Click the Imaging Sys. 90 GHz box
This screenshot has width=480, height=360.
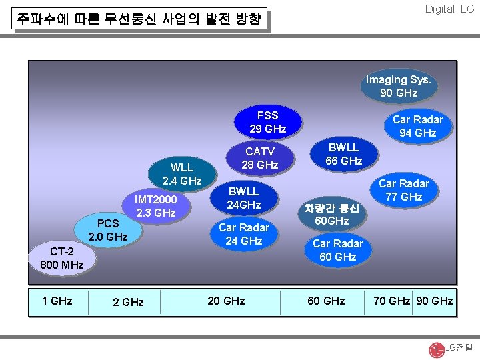(x=398, y=86)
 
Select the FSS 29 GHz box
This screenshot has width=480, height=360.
(x=267, y=122)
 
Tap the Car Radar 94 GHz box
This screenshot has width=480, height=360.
(x=417, y=126)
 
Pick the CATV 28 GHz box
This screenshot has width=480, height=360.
(x=259, y=158)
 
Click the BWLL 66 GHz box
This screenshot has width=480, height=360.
(x=343, y=154)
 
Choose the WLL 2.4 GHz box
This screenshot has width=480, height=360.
(x=181, y=174)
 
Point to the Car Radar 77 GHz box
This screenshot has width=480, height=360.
(x=404, y=190)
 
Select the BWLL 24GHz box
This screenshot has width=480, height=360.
(x=243, y=198)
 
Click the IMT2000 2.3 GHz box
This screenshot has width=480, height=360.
(x=155, y=206)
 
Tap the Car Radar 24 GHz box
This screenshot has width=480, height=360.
(x=243, y=234)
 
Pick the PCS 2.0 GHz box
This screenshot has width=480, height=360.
(x=108, y=230)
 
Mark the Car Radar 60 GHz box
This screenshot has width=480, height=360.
(x=338, y=250)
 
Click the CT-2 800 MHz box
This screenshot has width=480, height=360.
(x=62, y=258)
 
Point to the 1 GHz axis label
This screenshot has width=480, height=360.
(x=57, y=301)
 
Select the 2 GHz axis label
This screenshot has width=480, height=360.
(x=128, y=302)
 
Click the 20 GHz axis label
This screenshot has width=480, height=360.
(x=226, y=301)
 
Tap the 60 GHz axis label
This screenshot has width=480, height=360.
(x=326, y=301)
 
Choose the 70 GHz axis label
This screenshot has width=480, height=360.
(x=391, y=301)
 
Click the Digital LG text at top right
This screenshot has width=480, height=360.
(x=449, y=9)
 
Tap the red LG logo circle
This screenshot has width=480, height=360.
(x=437, y=349)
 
